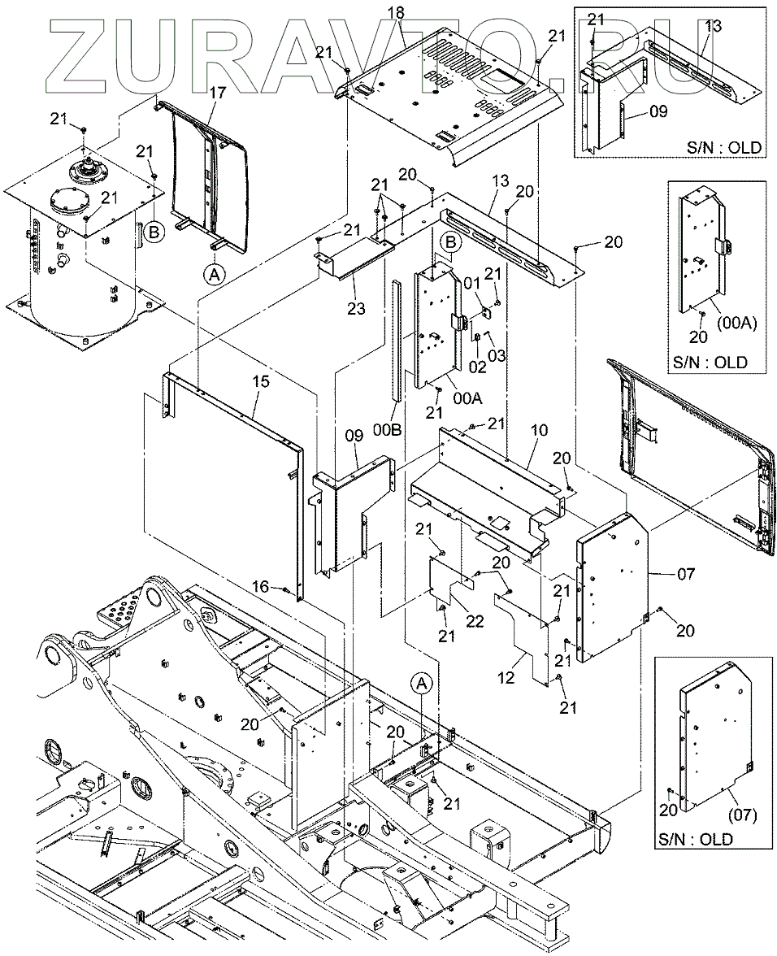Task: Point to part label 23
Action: point(356,309)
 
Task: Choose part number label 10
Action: point(540,431)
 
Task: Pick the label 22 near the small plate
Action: point(475,621)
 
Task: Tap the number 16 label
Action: point(260,587)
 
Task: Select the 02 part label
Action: point(478,367)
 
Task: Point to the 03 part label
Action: point(497,354)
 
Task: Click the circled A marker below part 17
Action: point(214,275)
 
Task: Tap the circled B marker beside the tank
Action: point(155,232)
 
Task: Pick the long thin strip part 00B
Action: point(397,341)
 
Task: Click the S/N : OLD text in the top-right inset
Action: point(724,147)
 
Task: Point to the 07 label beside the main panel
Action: point(686,574)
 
